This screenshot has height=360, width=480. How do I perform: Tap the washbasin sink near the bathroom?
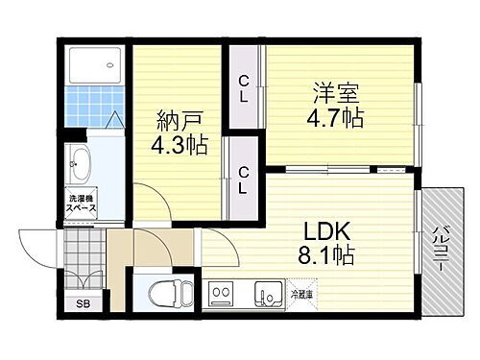[80, 164]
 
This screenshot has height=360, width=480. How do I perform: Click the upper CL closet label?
[245, 87]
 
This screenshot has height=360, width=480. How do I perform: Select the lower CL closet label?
[245, 179]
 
